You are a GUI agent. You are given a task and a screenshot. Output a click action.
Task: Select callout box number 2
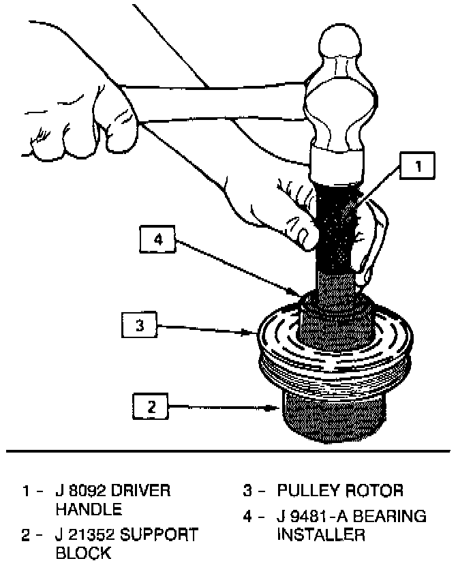(x=151, y=408)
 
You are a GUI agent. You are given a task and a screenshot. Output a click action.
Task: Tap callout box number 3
(x=140, y=326)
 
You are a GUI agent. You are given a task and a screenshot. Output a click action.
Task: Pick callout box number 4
(x=157, y=240)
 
